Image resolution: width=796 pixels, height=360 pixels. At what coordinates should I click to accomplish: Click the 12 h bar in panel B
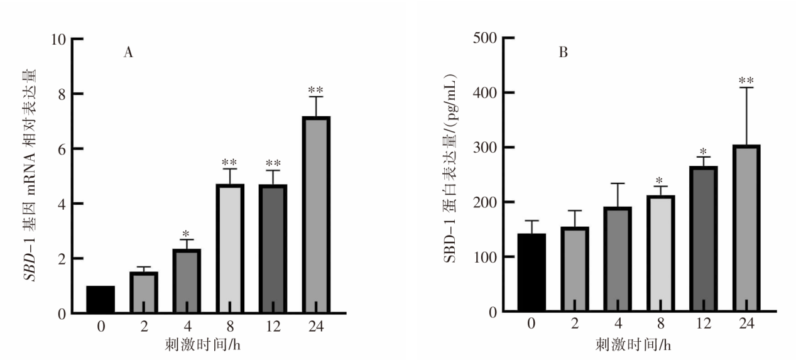pos(703,239)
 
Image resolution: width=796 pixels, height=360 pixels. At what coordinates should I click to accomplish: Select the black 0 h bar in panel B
pos(532,273)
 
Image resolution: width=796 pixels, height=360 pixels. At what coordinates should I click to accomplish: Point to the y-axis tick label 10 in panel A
pos(59,39)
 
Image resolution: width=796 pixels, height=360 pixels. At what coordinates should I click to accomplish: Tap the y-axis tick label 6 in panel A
pos(63,149)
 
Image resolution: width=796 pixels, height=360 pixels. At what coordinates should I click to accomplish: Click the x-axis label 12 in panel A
pos(272,327)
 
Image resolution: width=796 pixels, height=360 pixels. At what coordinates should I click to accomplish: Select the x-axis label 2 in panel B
pos(574,324)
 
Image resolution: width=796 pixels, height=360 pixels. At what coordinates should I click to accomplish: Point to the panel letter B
pos(564,52)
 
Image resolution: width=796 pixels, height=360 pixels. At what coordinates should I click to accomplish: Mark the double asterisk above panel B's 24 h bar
pos(746,80)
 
